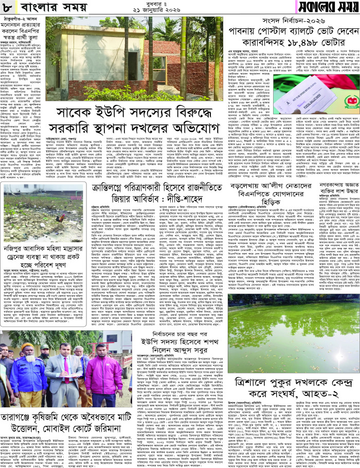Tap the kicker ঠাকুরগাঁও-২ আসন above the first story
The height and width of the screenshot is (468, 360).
(21, 22)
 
